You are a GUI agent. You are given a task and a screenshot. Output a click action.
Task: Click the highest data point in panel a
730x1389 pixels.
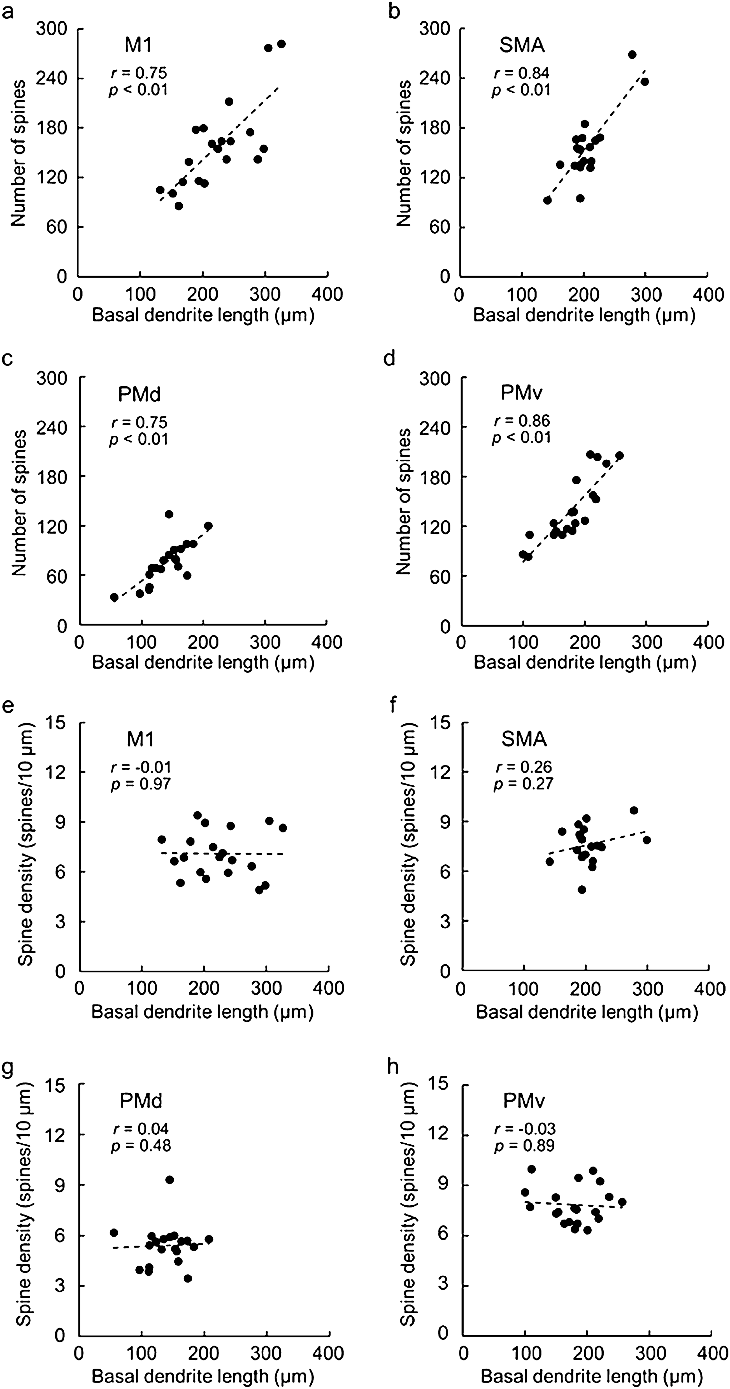pos(281,44)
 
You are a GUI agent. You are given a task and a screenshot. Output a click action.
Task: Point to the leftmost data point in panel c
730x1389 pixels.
pos(114,597)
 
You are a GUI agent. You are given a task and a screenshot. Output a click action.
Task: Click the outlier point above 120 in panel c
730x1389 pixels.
pos(169,514)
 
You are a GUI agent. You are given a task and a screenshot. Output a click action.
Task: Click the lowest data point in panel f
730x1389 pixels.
pos(582,889)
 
